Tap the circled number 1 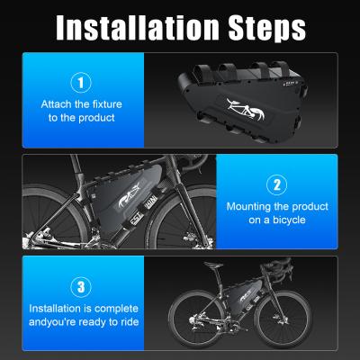pos(83,82)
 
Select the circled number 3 pos(83,286)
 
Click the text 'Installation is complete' pos(83,308)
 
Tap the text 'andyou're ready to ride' pos(83,321)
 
